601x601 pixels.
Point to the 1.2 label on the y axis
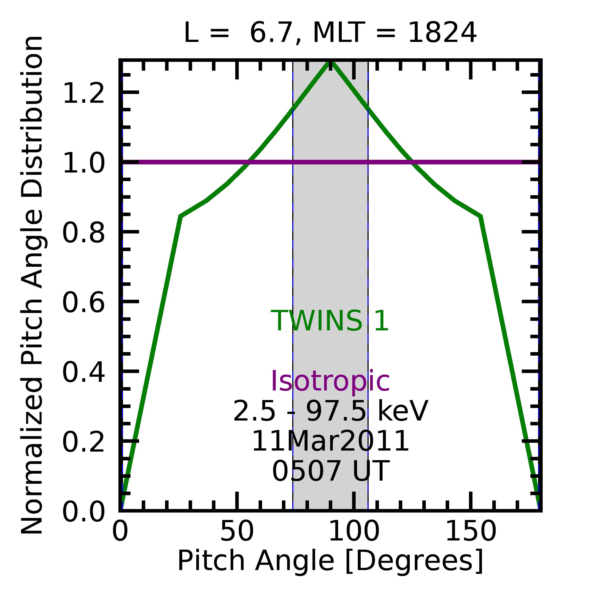point(83,93)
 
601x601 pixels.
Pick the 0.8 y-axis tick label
point(83,233)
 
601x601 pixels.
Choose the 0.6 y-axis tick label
point(83,302)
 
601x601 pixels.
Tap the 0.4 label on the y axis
point(83,372)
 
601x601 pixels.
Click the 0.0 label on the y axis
point(83,512)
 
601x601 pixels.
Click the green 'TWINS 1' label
point(330,321)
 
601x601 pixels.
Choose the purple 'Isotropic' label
point(330,381)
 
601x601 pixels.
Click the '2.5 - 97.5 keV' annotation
point(330,411)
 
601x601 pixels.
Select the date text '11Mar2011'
point(330,441)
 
